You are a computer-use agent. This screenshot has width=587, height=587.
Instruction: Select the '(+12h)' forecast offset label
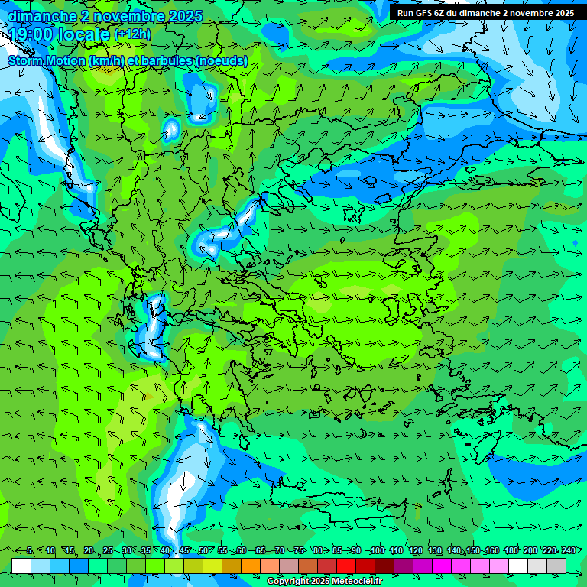coord(132,34)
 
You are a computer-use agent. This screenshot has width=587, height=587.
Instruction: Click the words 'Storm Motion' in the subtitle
coord(47,60)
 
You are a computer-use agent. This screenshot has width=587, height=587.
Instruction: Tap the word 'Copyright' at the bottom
coord(288,582)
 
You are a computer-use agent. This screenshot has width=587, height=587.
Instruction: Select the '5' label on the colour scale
coord(29,551)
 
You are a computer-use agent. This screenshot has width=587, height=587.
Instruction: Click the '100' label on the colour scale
coord(377,551)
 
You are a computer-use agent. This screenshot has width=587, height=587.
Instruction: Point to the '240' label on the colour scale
coord(569,551)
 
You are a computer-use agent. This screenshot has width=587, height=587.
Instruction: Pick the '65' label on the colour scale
coord(261,551)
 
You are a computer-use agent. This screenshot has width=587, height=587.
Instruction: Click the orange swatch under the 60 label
coord(251,565)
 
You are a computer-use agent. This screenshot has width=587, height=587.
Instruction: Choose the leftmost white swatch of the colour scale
coord(21,565)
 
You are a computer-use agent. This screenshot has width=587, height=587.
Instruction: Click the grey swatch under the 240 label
coord(557,565)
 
